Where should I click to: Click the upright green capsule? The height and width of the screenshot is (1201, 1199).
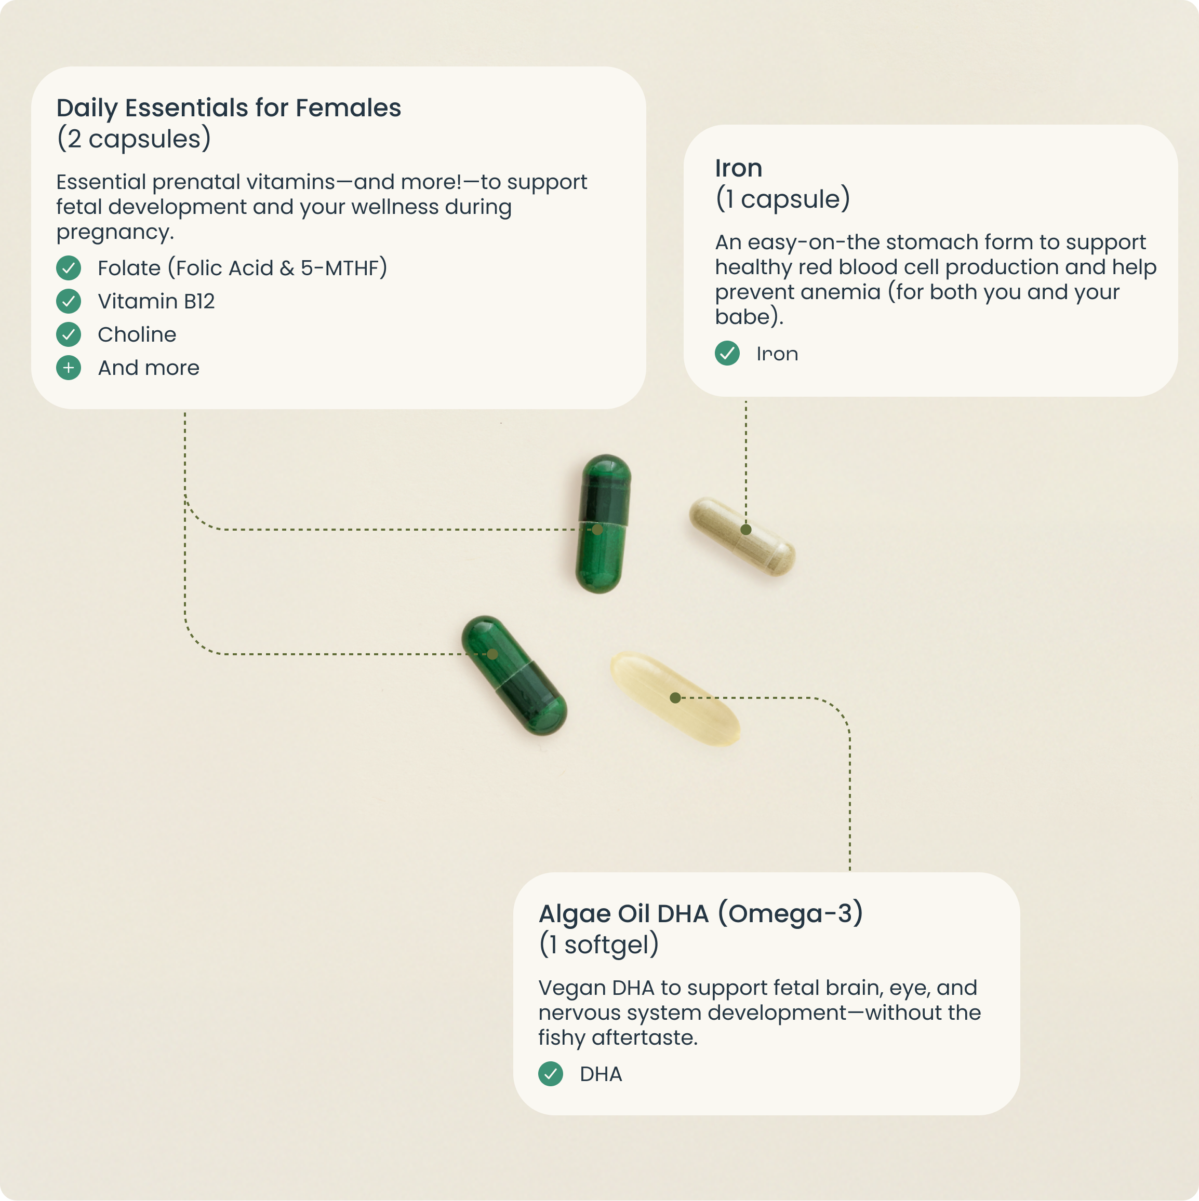point(603,523)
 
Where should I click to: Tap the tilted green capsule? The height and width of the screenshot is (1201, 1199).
point(514,675)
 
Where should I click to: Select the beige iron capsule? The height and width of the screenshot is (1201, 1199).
point(741,536)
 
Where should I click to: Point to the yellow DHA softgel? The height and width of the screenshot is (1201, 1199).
point(675,697)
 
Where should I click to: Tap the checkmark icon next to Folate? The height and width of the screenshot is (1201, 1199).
point(69,268)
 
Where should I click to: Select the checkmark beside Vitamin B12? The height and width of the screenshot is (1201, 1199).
point(69,302)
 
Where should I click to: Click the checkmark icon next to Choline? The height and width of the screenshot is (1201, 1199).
point(69,334)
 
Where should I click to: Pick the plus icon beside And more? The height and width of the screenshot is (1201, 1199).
point(69,368)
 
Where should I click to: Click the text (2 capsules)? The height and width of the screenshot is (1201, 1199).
point(134,139)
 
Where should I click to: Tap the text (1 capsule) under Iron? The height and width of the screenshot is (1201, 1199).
point(782,199)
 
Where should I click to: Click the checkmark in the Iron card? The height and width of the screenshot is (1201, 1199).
point(727,354)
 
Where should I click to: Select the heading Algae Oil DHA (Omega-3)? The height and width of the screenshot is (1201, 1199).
point(701,913)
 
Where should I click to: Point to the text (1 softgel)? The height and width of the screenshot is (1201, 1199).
point(598,944)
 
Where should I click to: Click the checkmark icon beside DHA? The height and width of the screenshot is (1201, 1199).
point(550,1074)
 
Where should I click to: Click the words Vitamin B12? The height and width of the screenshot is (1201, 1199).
point(156,302)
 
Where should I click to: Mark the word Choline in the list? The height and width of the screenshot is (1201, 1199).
point(137,334)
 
